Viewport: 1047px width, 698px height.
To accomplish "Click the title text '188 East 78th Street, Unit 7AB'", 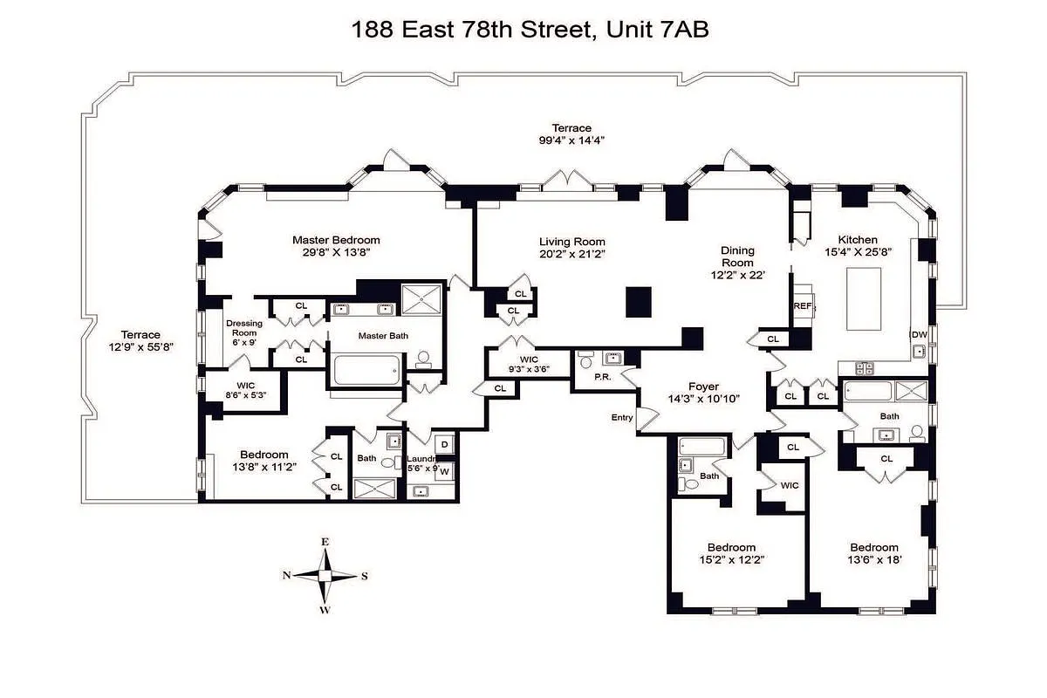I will [x=529, y=30].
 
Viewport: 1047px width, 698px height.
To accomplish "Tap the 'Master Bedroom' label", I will [x=336, y=240].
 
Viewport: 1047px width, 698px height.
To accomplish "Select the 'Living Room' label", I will [x=571, y=242].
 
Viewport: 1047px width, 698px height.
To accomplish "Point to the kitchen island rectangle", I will [x=864, y=298].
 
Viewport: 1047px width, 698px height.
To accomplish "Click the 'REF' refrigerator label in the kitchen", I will [x=802, y=306].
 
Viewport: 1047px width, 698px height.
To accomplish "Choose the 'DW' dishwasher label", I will [x=918, y=334].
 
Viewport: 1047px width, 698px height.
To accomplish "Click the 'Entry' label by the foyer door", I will [x=621, y=418].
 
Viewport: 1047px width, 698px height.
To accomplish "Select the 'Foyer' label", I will [x=703, y=387].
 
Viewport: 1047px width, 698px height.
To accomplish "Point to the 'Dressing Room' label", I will [x=244, y=328].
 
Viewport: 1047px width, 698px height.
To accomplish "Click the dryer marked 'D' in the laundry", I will [x=444, y=445].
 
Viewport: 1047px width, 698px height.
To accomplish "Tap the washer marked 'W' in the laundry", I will [x=444, y=471].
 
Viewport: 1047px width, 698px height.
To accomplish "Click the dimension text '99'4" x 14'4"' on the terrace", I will [x=571, y=140].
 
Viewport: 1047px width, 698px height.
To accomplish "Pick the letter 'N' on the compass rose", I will [x=286, y=575].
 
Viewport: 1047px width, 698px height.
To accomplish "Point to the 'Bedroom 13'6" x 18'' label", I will [x=873, y=553].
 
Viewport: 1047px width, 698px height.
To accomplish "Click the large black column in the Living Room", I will [x=640, y=301].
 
